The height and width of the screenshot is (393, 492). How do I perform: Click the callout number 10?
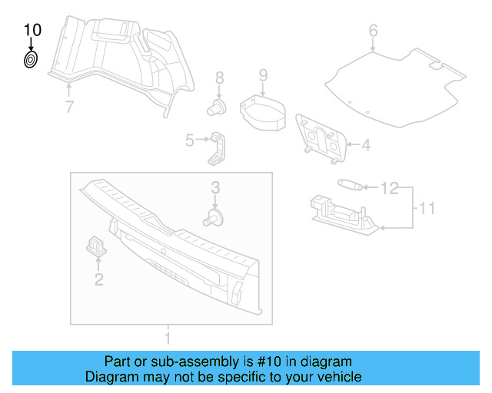click(x=32, y=30)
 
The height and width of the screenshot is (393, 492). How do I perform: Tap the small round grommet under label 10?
click(x=31, y=60)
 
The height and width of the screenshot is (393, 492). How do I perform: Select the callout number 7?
click(x=69, y=107)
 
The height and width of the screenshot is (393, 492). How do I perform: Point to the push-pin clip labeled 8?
click(x=218, y=107)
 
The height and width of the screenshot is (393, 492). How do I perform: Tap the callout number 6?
click(x=374, y=31)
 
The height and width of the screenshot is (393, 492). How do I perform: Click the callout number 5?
click(x=189, y=140)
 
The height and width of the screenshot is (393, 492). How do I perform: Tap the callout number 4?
click(x=366, y=144)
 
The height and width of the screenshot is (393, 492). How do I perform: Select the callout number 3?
click(x=216, y=187)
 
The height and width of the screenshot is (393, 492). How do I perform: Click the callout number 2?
click(x=98, y=279)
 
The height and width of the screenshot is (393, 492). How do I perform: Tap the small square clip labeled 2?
click(x=96, y=245)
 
